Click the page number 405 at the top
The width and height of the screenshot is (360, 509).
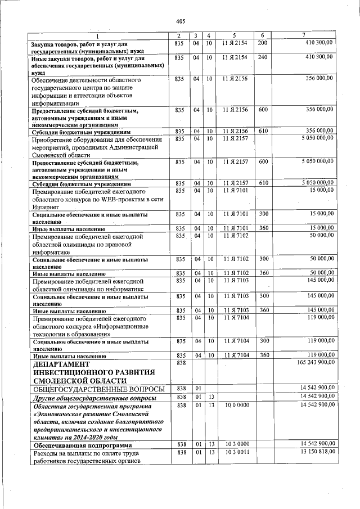pyautogui.click(x=180, y=21)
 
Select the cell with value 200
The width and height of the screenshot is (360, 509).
pyautogui.click(x=262, y=43)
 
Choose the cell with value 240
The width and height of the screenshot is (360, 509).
pyautogui.click(x=262, y=57)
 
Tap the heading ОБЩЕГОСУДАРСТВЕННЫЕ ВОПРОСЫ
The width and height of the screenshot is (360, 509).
pyautogui.click(x=98, y=389)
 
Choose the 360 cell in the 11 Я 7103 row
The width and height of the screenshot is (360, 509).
pyautogui.click(x=262, y=310)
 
